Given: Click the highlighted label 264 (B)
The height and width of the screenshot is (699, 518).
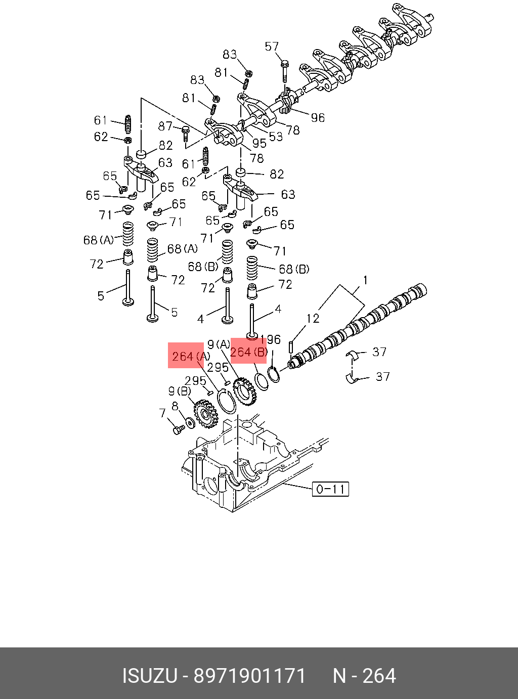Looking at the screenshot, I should click(x=248, y=352).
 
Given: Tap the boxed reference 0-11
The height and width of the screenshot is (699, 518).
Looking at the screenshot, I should click(x=330, y=489).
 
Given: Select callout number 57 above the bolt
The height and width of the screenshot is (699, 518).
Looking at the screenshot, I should click(x=272, y=47).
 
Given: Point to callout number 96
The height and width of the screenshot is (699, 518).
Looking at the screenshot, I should click(x=318, y=118).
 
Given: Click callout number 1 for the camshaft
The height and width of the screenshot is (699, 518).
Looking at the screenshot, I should click(x=365, y=280).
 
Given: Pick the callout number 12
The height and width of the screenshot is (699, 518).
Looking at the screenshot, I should click(x=313, y=319).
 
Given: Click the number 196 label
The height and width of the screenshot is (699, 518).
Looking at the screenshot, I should click(x=272, y=340).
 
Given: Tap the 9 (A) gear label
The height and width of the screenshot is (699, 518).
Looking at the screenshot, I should click(x=219, y=345).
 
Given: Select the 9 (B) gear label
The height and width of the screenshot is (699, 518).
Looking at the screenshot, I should click(x=180, y=391).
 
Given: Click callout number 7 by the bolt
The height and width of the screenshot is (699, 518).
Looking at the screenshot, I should click(x=162, y=414).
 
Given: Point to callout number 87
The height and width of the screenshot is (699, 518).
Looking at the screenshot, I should click(x=165, y=126).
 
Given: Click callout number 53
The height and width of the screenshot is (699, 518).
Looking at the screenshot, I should click(x=276, y=137).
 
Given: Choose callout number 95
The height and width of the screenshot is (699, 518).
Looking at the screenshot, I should click(x=259, y=143).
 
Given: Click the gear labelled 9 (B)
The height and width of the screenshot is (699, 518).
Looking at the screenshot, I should click(x=205, y=414).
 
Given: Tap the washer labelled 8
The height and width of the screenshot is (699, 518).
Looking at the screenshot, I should click(x=191, y=422).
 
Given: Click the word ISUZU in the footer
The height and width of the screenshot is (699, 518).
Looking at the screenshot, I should click(x=149, y=676).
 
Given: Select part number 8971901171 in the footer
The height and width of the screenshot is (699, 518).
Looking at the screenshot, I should click(x=250, y=676).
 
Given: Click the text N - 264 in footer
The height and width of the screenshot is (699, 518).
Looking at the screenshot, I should click(x=364, y=676).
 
